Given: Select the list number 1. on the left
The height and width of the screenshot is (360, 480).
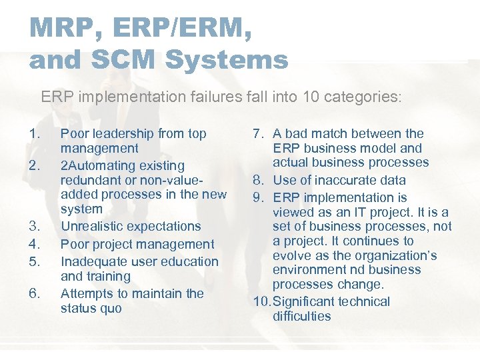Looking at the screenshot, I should point(35,134).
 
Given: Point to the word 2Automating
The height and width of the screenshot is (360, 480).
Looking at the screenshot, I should point(98,165).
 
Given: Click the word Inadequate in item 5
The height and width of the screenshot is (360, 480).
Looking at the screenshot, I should point(95,261).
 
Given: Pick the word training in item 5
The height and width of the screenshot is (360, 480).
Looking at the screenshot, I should point(108,276).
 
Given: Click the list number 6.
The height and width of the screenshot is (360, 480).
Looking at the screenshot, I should point(35,293).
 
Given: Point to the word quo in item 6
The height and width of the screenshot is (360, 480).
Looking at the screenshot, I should point(110,308).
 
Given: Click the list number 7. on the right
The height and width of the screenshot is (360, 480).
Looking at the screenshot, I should point(260,134).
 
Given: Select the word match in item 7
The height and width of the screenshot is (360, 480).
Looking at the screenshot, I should point(327,134).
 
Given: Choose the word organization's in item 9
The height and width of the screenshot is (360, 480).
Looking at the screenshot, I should point(400,255).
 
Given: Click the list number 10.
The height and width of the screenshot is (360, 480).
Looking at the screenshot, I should point(261,301).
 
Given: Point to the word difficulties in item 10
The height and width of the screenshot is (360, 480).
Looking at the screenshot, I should point(301,316).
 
